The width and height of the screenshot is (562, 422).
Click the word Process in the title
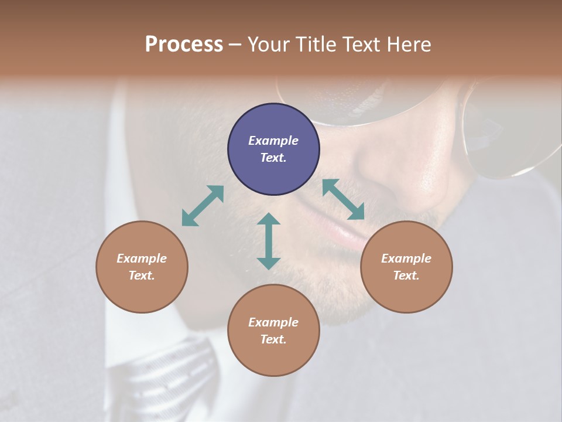[184, 45]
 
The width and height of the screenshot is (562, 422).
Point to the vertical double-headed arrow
[269, 241]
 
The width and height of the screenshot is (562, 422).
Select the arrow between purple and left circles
[203, 206]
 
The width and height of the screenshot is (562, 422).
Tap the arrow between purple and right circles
[343, 199]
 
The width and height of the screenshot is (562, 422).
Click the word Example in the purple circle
[273, 141]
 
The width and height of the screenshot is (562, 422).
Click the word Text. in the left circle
[142, 275]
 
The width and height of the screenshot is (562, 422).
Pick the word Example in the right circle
[406, 258]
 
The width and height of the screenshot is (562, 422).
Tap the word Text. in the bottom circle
[273, 339]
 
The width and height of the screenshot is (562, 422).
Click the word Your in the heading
[268, 45]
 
